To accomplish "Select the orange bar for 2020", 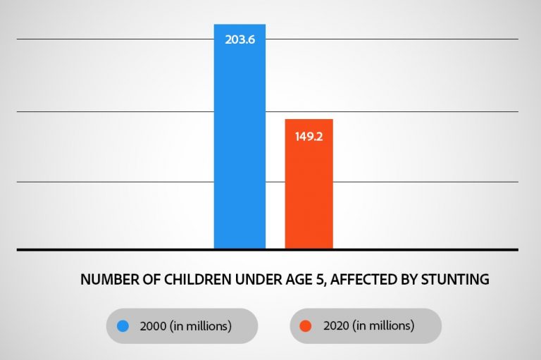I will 309,190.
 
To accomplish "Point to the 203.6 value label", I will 240,39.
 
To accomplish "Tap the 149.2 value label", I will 309,137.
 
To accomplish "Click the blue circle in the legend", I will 123,326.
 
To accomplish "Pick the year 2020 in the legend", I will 337,326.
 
